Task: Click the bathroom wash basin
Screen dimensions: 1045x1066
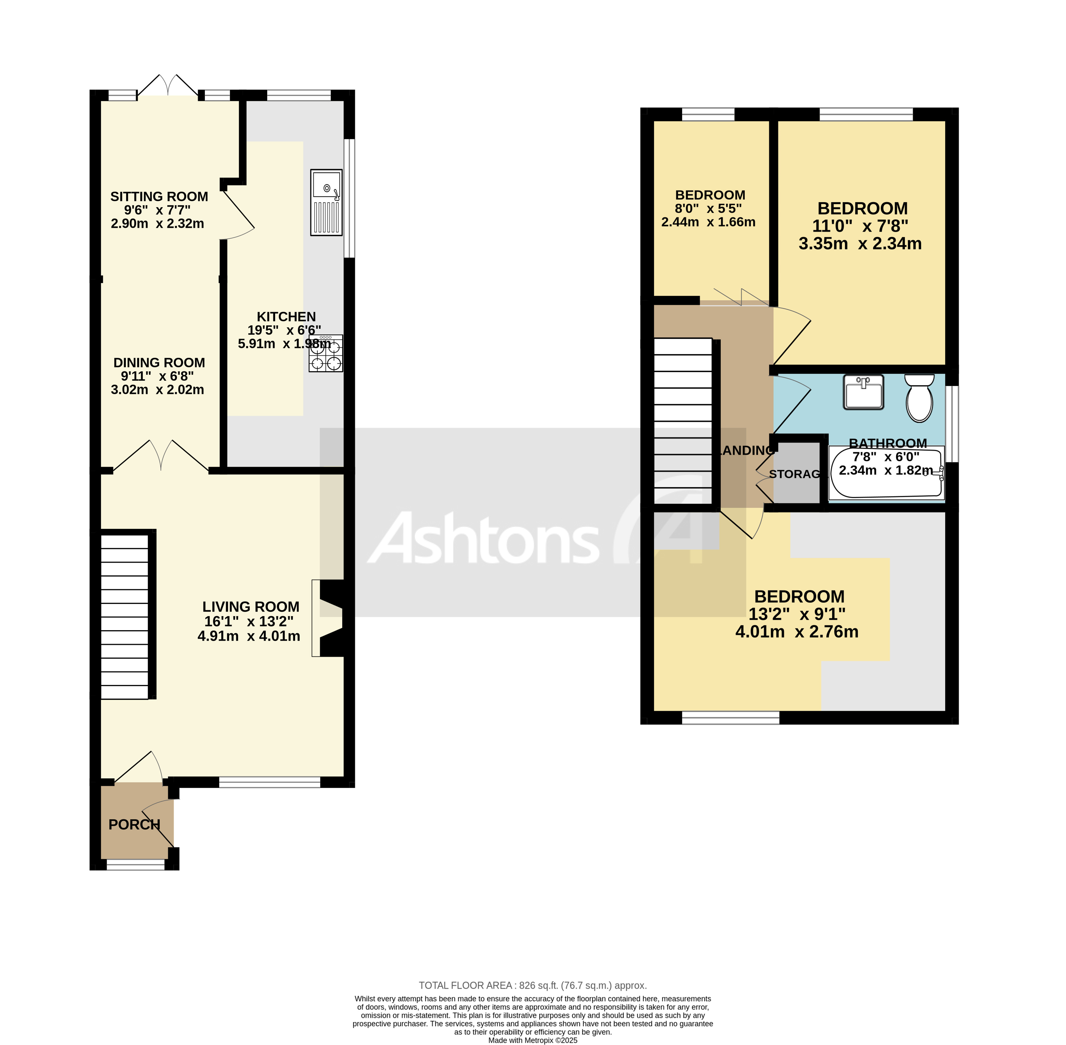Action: [x=864, y=392]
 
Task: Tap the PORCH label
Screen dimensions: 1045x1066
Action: [x=134, y=825]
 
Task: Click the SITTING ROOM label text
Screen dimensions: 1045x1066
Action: [x=159, y=196]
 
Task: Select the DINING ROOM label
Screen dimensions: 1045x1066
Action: [x=159, y=363]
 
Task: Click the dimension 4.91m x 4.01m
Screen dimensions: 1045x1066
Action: [x=249, y=636]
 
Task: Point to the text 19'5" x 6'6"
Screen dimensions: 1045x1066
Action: [x=284, y=330]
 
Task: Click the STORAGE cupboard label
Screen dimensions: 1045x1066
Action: [x=795, y=474]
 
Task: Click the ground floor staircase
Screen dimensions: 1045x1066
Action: [x=125, y=615]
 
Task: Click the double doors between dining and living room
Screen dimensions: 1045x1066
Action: [x=161, y=456]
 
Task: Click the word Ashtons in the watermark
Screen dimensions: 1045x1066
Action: [x=483, y=538]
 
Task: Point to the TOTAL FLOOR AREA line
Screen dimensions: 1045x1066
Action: [x=532, y=985]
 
